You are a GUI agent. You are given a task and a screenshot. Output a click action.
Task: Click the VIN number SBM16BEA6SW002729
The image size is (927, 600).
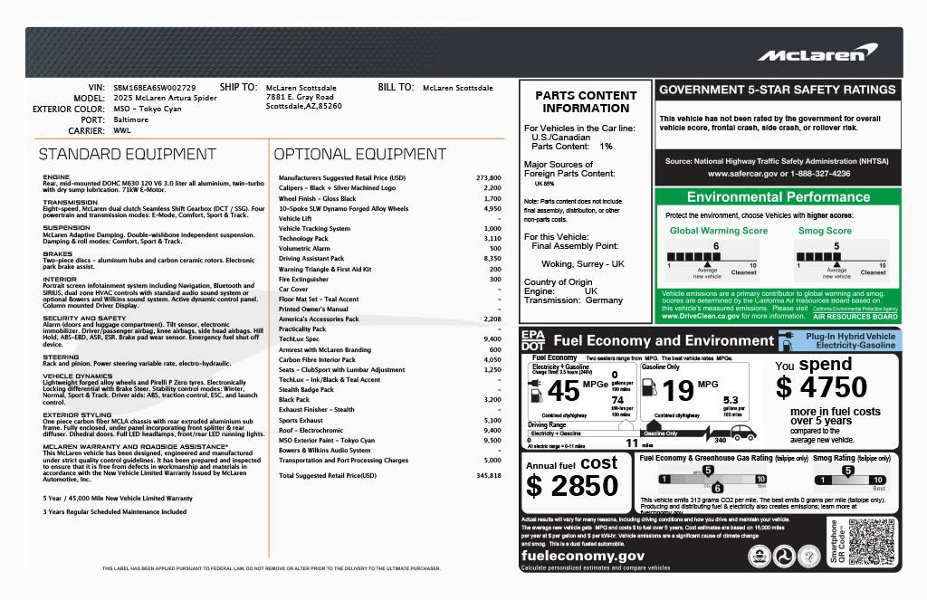(x=154, y=88)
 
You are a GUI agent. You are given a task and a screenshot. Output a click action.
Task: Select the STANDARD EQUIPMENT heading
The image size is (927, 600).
(x=127, y=154)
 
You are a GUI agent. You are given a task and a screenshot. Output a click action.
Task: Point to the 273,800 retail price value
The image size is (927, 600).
(x=488, y=177)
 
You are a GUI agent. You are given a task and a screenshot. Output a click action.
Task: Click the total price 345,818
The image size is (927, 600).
(x=488, y=475)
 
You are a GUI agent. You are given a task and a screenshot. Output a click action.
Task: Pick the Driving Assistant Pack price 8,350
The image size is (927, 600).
(x=492, y=259)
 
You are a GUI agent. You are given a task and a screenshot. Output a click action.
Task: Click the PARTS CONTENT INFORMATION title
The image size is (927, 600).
(x=586, y=101)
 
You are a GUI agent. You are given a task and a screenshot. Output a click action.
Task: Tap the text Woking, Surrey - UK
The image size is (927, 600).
(x=583, y=263)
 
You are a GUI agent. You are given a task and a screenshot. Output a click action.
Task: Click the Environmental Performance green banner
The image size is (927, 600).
(x=778, y=197)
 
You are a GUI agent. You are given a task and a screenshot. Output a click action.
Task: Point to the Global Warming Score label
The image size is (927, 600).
(x=718, y=231)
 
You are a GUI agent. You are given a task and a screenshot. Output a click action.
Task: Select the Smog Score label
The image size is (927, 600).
(x=825, y=231)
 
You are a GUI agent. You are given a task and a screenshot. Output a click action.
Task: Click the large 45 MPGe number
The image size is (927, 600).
(x=563, y=391)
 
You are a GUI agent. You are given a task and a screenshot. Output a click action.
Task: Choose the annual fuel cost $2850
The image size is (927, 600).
(x=572, y=485)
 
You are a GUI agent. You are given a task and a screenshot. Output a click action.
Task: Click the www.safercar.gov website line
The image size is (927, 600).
(x=779, y=173)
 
